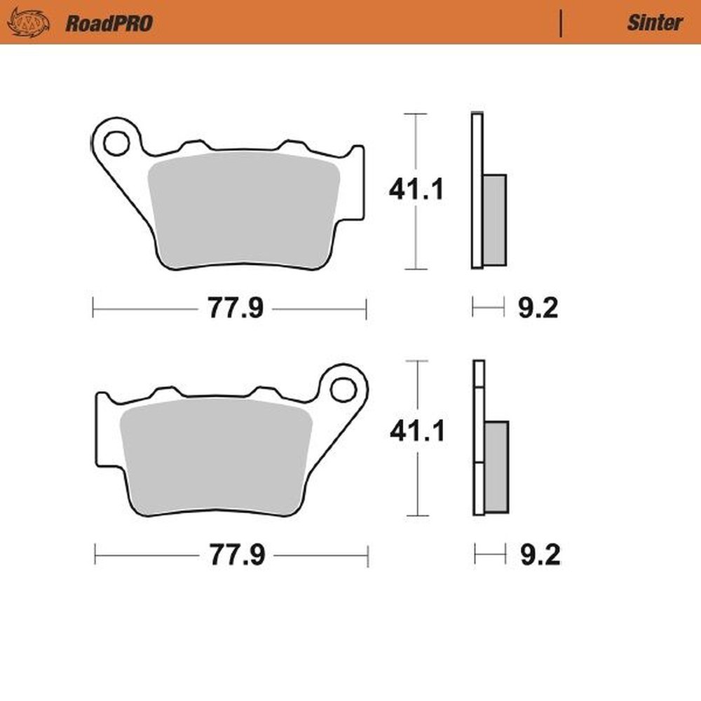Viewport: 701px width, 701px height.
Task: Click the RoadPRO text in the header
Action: (x=109, y=23)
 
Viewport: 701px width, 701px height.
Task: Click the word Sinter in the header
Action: (x=653, y=22)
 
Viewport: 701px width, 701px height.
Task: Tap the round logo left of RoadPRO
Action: (x=28, y=22)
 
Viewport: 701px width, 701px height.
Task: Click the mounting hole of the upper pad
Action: (x=116, y=142)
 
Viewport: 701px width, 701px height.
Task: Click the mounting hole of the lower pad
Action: (x=343, y=389)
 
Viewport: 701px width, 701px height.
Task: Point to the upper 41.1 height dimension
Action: (x=416, y=190)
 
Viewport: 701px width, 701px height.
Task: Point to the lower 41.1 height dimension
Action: (x=417, y=432)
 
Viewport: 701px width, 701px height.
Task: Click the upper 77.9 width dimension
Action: (x=235, y=308)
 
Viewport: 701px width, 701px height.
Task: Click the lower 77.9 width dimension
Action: (x=236, y=557)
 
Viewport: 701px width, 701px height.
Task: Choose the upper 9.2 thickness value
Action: (x=538, y=308)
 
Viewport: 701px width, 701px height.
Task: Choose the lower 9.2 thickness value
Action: (x=540, y=557)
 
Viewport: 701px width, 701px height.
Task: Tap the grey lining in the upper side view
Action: (x=494, y=219)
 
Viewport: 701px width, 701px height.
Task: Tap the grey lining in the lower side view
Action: (x=497, y=466)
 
